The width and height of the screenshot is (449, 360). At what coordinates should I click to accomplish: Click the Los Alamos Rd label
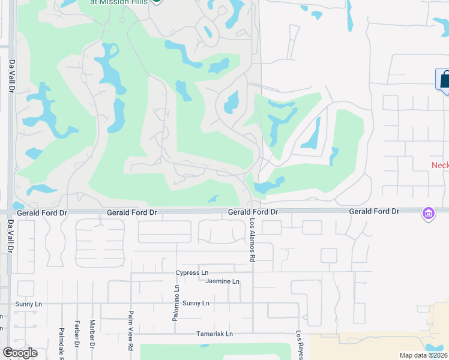[253, 239]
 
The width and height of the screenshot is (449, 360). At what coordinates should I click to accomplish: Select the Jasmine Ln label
[222, 281]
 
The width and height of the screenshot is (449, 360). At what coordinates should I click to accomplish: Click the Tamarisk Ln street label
[214, 334]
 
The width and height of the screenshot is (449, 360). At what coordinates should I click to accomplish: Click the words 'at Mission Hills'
[119, 2]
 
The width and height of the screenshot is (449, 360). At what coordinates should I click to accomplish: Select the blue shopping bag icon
[445, 79]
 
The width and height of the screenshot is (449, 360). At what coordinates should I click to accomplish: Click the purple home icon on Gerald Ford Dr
[428, 214]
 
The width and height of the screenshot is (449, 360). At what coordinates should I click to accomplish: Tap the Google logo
[20, 353]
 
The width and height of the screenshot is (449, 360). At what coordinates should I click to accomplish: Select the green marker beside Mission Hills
[157, 1]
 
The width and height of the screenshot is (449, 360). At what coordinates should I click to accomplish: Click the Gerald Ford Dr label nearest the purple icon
[374, 212]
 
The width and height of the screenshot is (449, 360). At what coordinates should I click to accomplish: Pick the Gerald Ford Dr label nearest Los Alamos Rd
[253, 212]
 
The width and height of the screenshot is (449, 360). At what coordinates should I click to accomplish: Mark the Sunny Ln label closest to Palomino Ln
[196, 303]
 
